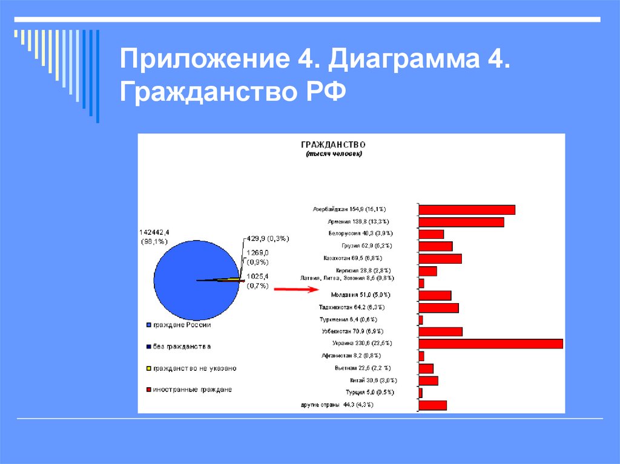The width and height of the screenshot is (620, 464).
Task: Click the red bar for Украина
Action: [490, 344]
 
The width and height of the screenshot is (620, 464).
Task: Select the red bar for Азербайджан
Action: [467, 210]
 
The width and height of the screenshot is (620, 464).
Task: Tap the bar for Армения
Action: [461, 222]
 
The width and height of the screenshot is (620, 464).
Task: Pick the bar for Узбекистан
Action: [440, 332]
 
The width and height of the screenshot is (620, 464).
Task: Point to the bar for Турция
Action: [420, 393]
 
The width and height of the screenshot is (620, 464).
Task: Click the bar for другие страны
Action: [432, 405]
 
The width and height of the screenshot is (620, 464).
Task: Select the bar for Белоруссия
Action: [431, 234]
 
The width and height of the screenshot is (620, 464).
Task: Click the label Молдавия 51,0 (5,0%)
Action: [360, 295]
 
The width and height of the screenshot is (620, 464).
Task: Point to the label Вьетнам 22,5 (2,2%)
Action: [362, 368]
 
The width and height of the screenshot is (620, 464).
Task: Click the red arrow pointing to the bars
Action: [295, 290]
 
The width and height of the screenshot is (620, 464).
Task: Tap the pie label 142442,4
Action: [155, 233]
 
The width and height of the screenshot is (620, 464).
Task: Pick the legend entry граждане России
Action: [182, 325]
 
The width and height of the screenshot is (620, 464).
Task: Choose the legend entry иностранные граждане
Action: [192, 390]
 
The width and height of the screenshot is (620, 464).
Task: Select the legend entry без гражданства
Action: [182, 347]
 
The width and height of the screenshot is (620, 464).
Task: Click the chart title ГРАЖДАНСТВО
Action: [333, 145]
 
